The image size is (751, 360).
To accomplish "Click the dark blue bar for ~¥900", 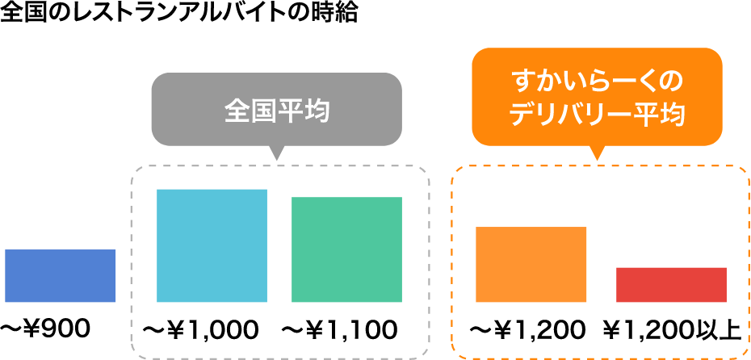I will [60, 276].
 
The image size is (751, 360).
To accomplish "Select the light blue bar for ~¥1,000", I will [212, 245].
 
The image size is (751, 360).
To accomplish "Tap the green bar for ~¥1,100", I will [346, 249].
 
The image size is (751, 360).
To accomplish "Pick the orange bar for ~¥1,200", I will [531, 264].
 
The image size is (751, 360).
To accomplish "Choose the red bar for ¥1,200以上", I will [671, 284].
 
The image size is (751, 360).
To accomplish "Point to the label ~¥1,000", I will [200, 330].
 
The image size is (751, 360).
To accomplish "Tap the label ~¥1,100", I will [339, 330].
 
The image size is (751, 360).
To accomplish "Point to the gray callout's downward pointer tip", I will [276, 157].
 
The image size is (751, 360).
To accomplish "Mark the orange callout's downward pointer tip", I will [597, 157].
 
